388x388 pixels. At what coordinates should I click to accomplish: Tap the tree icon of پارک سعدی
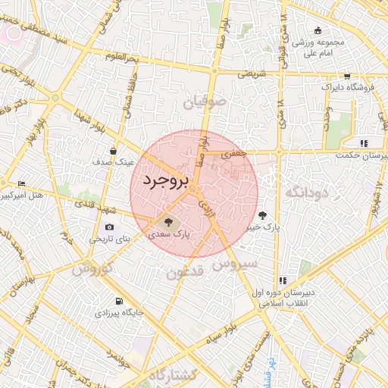click(168, 223)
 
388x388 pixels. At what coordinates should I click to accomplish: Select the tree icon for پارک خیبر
click(263, 214)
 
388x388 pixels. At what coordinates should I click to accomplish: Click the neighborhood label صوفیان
click(202, 101)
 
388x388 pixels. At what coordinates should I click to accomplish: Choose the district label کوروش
click(92, 268)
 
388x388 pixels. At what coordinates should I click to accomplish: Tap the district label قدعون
click(186, 271)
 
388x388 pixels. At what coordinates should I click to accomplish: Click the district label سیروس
click(236, 264)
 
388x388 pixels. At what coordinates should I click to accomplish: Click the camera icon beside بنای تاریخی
click(110, 227)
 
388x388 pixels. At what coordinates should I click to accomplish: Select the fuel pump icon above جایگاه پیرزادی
click(118, 301)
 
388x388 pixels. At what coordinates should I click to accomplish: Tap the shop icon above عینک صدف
click(113, 151)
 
